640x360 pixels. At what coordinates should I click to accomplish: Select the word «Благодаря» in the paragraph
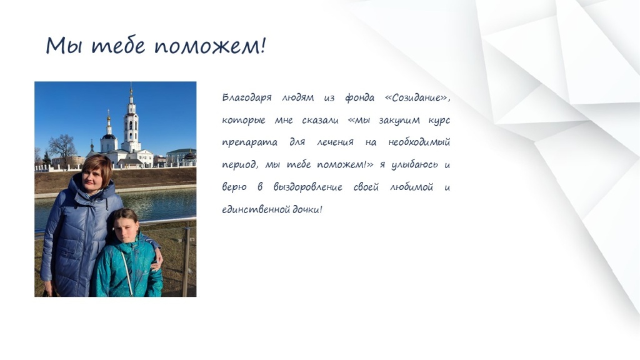[246, 98]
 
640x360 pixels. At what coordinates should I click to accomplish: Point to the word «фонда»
[359, 98]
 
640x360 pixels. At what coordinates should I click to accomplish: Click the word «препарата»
[249, 143]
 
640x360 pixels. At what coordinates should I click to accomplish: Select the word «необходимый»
[419, 142]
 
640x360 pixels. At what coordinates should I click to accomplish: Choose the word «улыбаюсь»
[414, 165]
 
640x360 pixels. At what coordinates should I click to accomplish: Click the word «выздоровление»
[307, 187]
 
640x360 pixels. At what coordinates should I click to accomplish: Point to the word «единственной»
[256, 210]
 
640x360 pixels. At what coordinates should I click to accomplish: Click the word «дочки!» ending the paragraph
[307, 210]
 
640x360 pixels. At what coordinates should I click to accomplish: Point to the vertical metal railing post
[186, 261]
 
